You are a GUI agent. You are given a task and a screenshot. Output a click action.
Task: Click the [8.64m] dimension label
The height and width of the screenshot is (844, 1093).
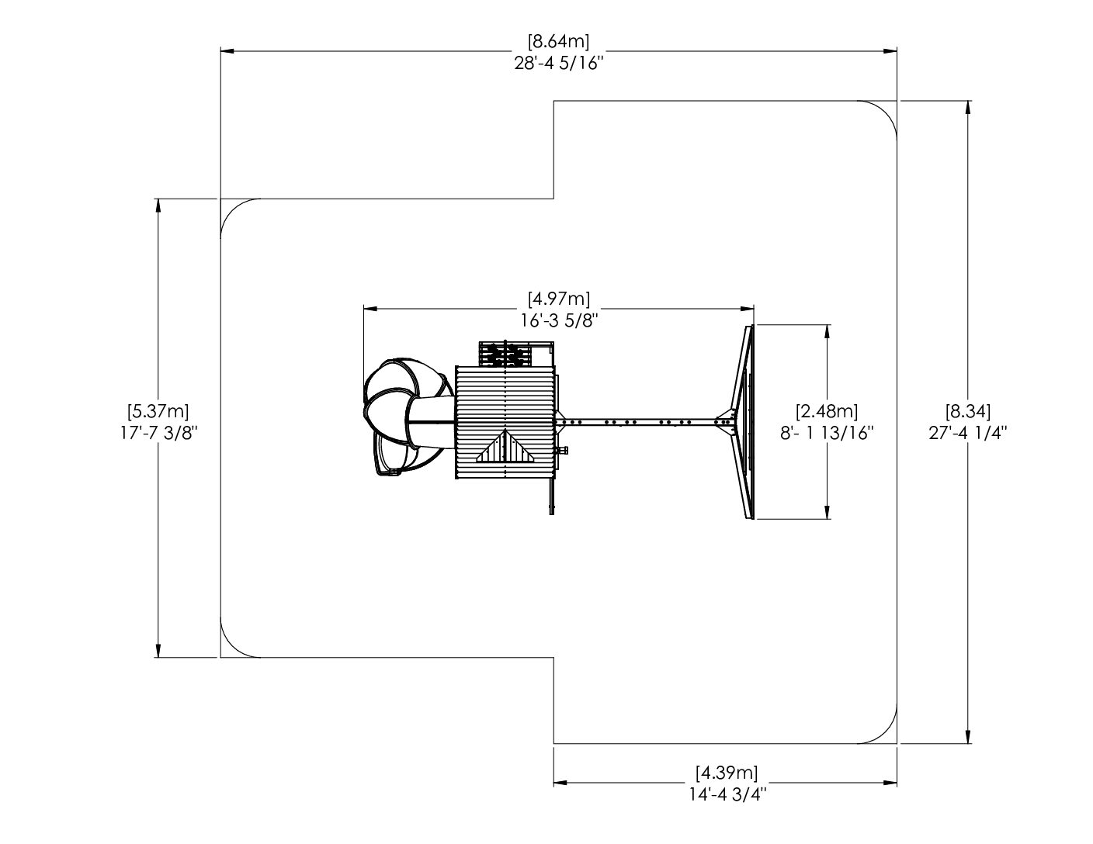(x=558, y=40)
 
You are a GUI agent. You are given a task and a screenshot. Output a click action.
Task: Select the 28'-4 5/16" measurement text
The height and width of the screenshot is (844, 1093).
(x=558, y=63)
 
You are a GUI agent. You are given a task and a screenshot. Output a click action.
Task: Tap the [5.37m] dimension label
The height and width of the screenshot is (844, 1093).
(x=158, y=409)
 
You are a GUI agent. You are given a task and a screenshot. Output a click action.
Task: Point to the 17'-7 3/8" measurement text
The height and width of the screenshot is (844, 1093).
(x=158, y=432)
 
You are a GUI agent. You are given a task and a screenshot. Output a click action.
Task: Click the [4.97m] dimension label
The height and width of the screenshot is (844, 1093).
(x=559, y=298)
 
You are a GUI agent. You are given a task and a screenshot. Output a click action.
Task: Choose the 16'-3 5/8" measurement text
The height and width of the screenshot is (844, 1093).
(x=559, y=320)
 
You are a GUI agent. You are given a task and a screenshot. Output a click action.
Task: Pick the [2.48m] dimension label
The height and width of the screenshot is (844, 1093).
(x=827, y=410)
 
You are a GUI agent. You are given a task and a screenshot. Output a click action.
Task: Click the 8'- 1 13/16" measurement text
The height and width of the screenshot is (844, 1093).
(x=827, y=433)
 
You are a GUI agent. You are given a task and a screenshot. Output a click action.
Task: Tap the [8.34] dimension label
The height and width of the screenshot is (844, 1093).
(x=967, y=410)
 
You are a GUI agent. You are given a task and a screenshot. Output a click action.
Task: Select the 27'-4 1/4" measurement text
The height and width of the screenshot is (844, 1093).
(x=967, y=433)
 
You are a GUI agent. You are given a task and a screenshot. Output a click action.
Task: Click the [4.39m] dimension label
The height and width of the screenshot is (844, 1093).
(x=726, y=772)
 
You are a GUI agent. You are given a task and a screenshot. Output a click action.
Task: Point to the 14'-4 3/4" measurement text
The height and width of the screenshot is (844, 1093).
(x=726, y=794)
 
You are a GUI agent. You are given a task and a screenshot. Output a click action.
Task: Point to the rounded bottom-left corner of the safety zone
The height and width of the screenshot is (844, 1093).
(x=234, y=643)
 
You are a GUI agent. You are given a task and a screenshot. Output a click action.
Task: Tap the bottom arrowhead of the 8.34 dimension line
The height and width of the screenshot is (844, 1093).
(x=967, y=737)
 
